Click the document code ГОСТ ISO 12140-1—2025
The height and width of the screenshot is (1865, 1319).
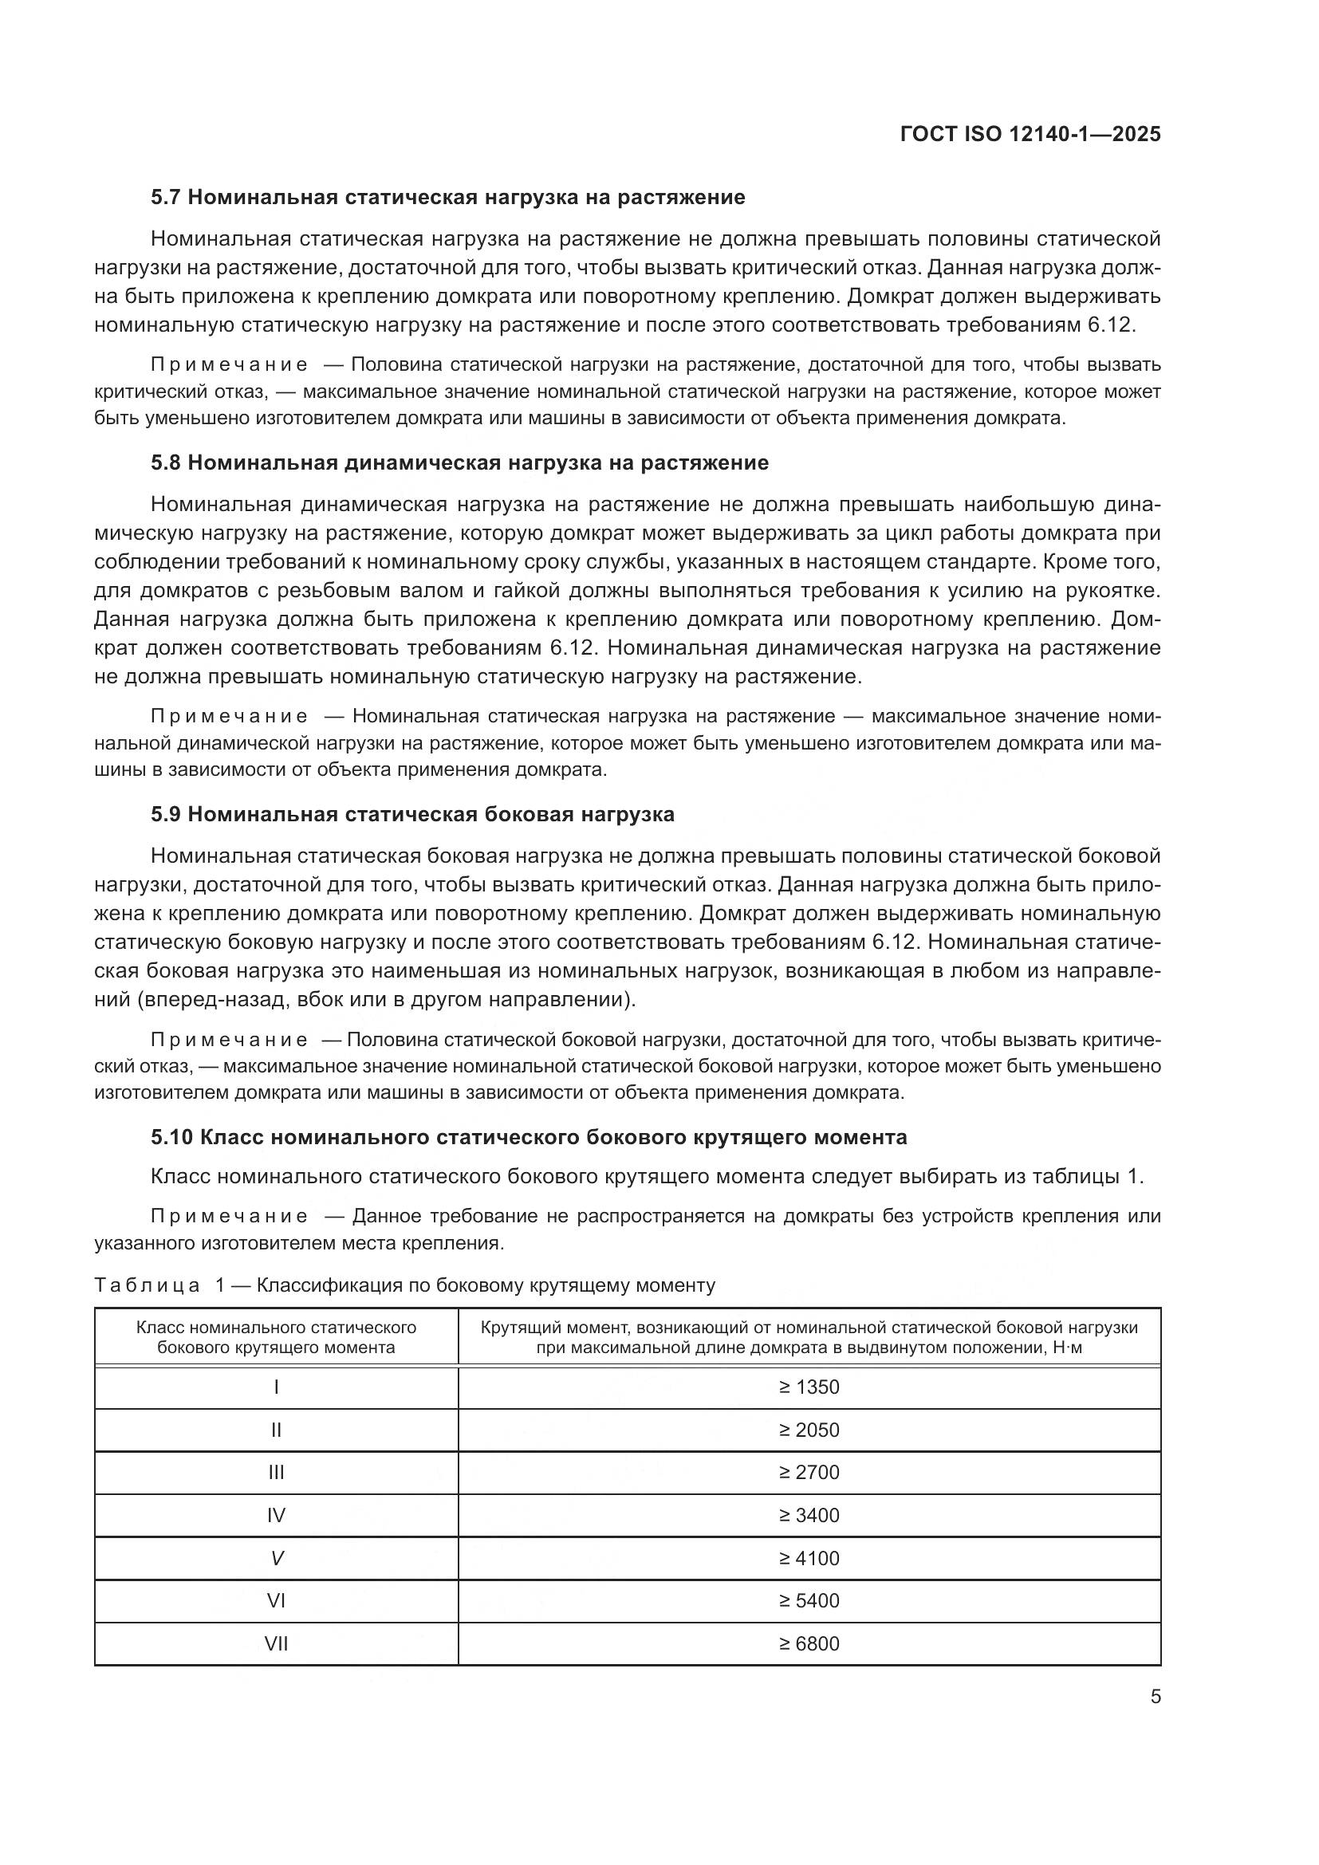point(1030,135)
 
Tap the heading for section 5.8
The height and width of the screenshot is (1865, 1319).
point(459,463)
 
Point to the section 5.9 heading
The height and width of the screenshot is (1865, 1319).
point(411,814)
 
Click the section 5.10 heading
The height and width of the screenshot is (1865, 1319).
point(529,1137)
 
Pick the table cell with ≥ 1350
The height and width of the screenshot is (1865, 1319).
point(809,1387)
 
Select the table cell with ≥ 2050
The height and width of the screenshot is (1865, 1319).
point(809,1430)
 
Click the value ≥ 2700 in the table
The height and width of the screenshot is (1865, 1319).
point(809,1472)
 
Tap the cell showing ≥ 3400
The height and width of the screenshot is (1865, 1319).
point(809,1515)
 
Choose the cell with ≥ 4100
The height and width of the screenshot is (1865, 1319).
point(809,1558)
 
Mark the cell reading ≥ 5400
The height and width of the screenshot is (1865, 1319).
point(809,1600)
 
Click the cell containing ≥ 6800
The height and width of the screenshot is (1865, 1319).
point(809,1643)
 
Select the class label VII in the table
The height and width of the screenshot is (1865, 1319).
point(276,1643)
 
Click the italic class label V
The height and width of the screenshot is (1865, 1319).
point(276,1558)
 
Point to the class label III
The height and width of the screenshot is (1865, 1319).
point(276,1472)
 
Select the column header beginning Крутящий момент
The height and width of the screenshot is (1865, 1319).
point(809,1337)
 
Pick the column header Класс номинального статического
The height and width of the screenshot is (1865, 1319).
point(276,1337)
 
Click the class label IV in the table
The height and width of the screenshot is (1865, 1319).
point(276,1515)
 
